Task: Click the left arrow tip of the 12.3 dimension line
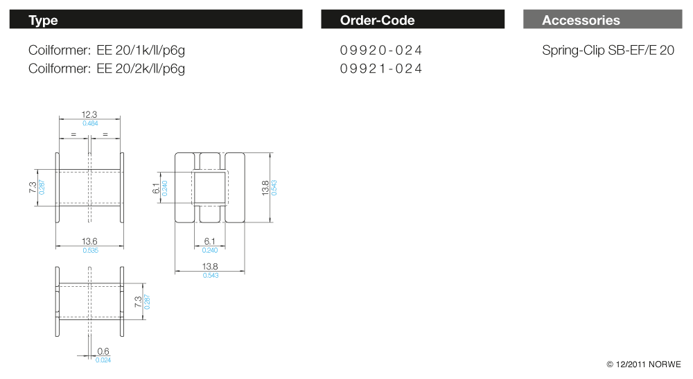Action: pyautogui.click(x=59, y=118)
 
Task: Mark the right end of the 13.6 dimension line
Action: pyautogui.click(x=124, y=246)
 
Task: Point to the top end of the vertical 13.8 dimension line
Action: pyautogui.click(x=270, y=153)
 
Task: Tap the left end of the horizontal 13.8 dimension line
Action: pyautogui.click(x=175, y=272)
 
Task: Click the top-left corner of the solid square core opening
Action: pyautogui.click(x=195, y=173)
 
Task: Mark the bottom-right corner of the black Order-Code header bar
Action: pyautogui.click(x=505, y=28)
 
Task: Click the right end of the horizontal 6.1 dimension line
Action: pyautogui.click(x=225, y=247)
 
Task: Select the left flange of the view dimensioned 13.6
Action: pyautogui.click(x=58, y=188)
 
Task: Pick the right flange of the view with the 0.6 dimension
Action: pyautogui.click(x=122, y=301)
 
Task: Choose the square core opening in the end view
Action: pyautogui.click(x=210, y=188)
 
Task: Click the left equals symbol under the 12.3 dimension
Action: pyautogui.click(x=73, y=134)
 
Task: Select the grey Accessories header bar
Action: pyautogui.click(x=602, y=19)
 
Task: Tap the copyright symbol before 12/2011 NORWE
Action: pyautogui.click(x=610, y=364)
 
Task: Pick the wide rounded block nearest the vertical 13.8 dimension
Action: pyautogui.click(x=235, y=188)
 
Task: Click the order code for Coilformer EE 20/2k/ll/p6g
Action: pyautogui.click(x=381, y=69)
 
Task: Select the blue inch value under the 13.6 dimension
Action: pyautogui.click(x=91, y=250)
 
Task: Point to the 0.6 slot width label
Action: pyautogui.click(x=103, y=351)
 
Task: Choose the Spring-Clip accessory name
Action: pyautogui.click(x=608, y=51)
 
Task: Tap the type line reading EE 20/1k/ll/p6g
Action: pyautogui.click(x=107, y=51)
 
